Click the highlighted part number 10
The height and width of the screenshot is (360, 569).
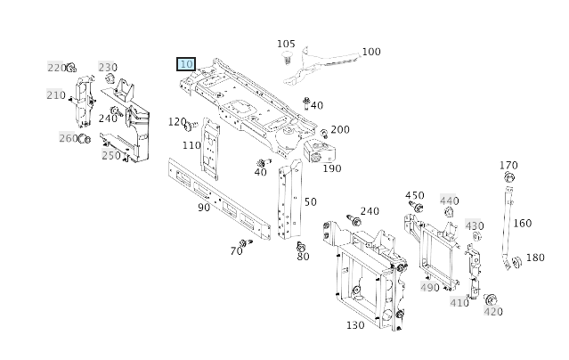(186, 64)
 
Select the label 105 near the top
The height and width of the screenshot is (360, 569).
(285, 44)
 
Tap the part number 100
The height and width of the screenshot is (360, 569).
(370, 52)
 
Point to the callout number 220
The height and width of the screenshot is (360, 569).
(55, 68)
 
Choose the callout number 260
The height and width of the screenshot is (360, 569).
(68, 137)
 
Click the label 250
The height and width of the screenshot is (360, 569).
(110, 155)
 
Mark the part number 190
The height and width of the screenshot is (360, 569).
(331, 168)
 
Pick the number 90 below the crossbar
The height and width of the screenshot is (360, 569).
(204, 208)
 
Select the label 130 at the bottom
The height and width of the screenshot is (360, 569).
(354, 325)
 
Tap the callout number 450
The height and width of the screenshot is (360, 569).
(414, 195)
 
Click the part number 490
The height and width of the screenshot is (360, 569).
(430, 287)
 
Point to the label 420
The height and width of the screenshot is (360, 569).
(492, 312)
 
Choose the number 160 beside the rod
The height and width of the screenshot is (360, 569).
(523, 224)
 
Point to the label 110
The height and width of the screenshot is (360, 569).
(191, 145)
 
